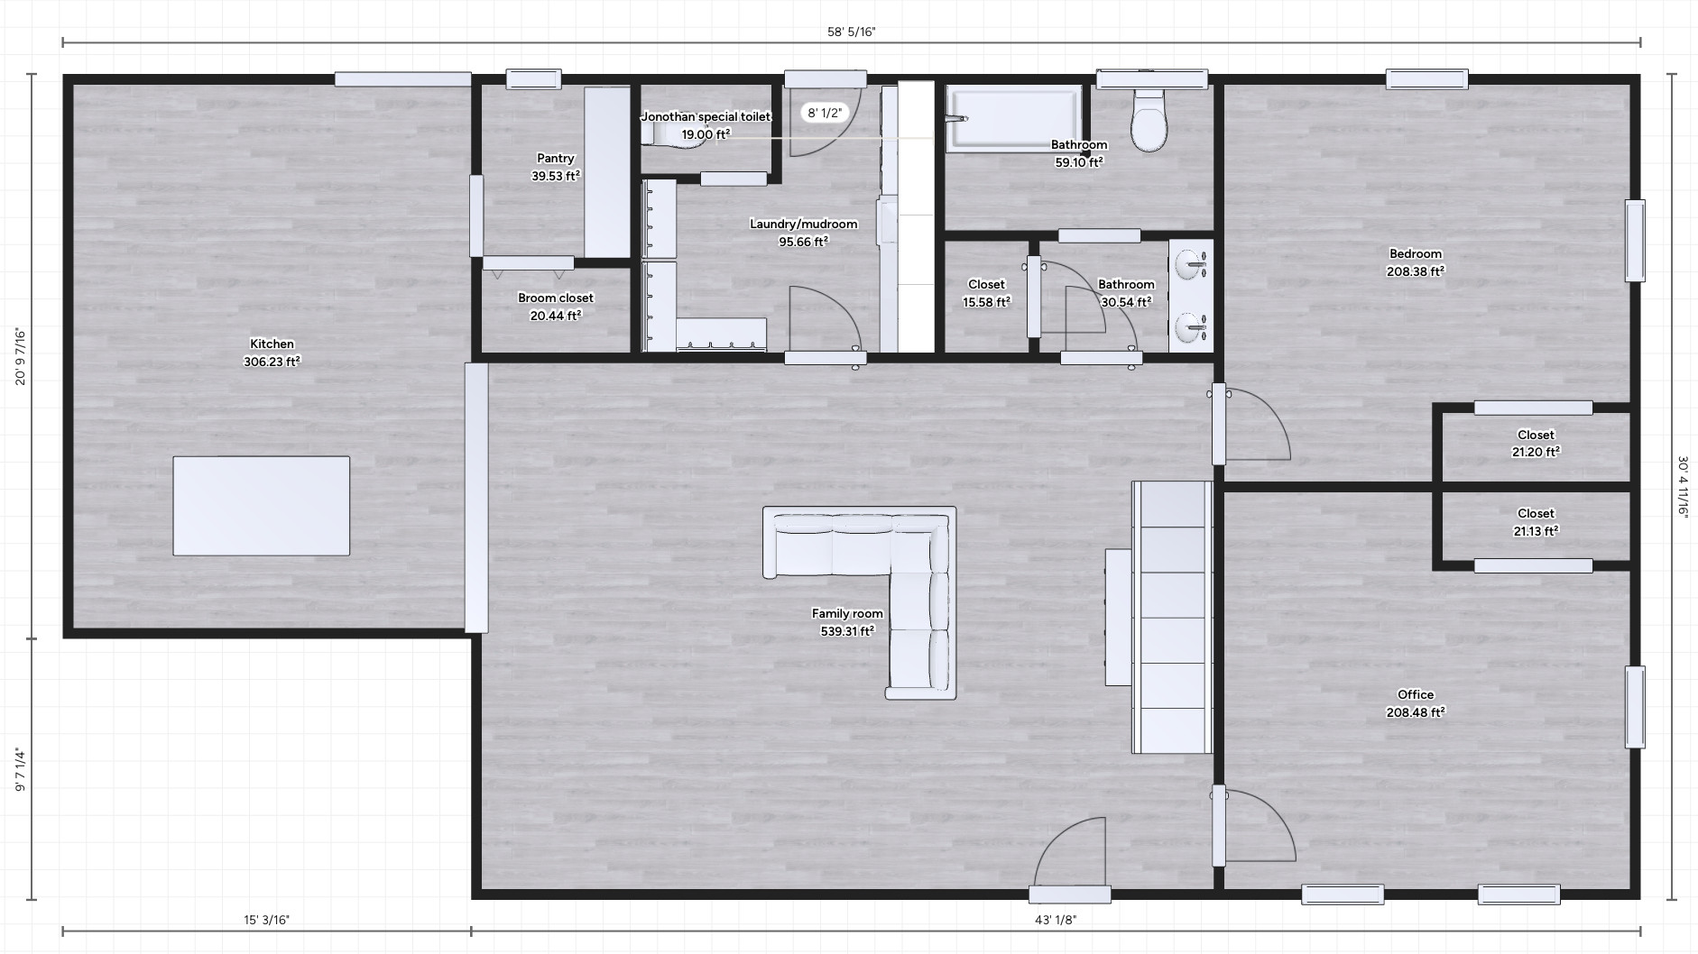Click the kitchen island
261,505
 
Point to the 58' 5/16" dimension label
852,32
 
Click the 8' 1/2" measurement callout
825,113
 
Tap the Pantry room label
556,159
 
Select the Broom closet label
556,298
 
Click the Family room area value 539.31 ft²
847,631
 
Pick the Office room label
1416,694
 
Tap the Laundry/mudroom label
803,225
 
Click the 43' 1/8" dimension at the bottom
1056,921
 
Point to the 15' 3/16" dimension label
267,921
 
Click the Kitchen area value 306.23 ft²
272,362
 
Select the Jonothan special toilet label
706,117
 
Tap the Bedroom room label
1416,254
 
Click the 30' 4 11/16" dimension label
1683,486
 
